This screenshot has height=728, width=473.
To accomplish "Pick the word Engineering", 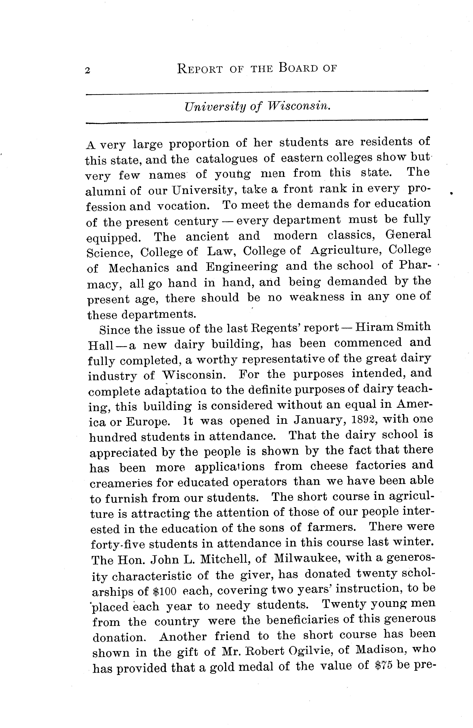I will (x=242, y=267).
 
